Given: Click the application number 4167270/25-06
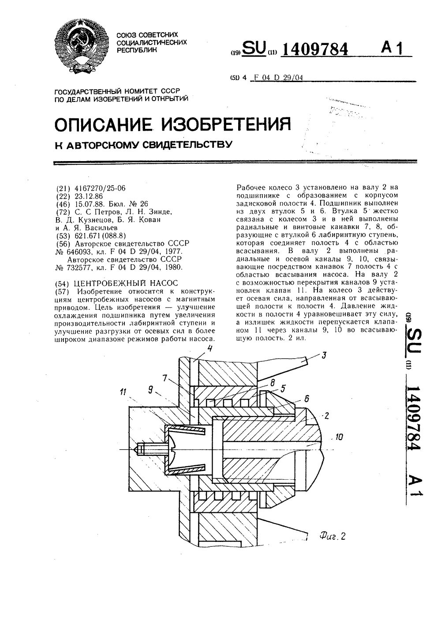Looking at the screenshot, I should tap(100, 188).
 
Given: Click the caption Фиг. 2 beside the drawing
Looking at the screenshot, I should tap(332, 536).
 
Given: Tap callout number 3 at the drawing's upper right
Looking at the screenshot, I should tap(324, 354).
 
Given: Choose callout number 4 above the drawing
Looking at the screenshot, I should tap(210, 349).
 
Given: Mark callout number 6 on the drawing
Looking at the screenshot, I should tap(307, 398).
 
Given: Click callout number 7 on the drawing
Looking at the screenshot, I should tap(165, 378).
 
